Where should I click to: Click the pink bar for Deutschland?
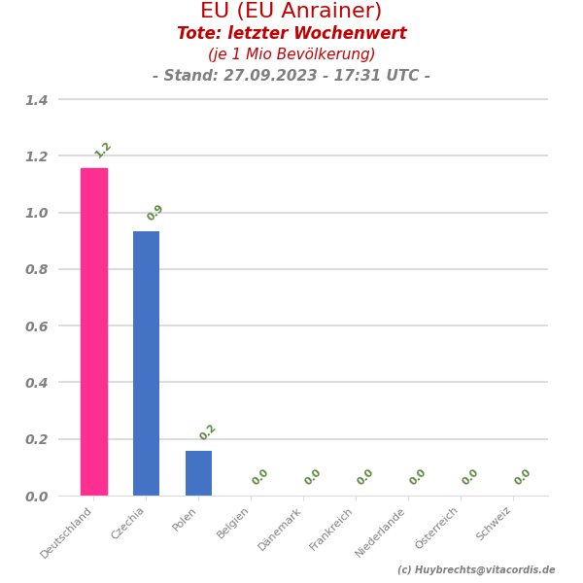[x=94, y=331]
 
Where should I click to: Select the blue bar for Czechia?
[x=147, y=362]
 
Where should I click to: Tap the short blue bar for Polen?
[x=198, y=472]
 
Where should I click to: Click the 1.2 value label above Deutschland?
[x=103, y=150]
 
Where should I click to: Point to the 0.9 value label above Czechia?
[x=155, y=213]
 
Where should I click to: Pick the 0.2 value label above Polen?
[x=208, y=432]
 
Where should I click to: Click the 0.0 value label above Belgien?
[x=260, y=477]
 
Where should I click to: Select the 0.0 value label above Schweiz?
[x=523, y=477]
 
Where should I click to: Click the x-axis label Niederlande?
[x=381, y=532]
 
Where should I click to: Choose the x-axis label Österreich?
[x=437, y=529]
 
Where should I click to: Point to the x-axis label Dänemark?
[x=281, y=529]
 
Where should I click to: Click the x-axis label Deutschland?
[x=67, y=532]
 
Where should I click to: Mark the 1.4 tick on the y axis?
[x=36, y=100]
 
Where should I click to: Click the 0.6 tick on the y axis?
[x=36, y=326]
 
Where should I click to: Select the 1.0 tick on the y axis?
[x=36, y=213]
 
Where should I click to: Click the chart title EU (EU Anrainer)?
[x=291, y=12]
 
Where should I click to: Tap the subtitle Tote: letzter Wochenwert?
[x=291, y=34]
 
